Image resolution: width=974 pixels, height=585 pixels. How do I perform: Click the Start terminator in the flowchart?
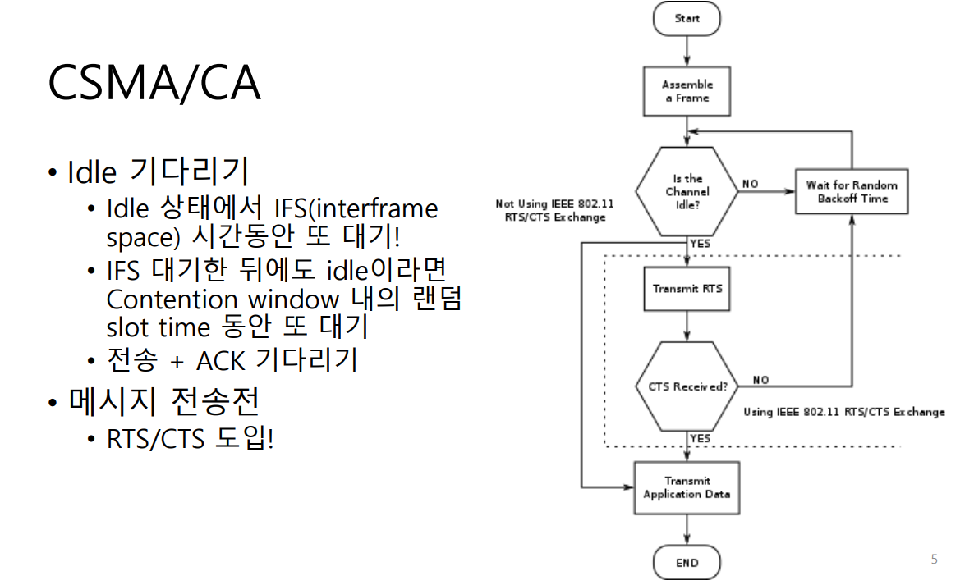[x=687, y=18]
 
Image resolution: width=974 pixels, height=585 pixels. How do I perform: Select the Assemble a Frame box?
[x=687, y=91]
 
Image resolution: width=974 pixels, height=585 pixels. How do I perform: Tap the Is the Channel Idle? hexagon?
[x=687, y=192]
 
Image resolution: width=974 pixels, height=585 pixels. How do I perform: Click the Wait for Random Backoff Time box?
[x=852, y=192]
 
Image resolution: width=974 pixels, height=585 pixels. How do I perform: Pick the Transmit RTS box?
[x=687, y=289]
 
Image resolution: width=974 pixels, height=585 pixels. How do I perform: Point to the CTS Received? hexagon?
[x=687, y=386]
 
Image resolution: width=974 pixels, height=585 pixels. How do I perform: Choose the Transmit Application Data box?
[x=687, y=488]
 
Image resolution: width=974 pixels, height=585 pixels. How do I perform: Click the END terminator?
[x=687, y=564]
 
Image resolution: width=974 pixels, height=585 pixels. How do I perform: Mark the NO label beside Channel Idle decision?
[x=750, y=184]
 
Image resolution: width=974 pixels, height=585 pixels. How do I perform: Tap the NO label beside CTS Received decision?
[x=760, y=380]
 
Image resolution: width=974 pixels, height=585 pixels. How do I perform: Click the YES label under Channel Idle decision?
[x=701, y=244]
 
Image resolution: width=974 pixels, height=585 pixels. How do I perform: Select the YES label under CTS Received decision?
[x=701, y=439]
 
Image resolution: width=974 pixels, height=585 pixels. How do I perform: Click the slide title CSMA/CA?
[x=154, y=83]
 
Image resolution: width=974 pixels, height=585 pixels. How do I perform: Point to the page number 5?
[x=934, y=560]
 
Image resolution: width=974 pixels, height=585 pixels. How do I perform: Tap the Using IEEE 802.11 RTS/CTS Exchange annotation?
[x=844, y=412]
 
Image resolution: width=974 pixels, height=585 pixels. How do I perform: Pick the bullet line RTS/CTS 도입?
[x=190, y=439]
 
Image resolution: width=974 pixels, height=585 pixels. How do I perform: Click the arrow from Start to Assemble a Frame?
[x=687, y=49]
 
